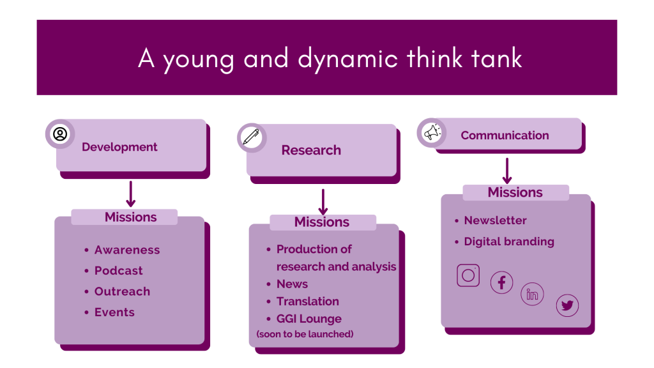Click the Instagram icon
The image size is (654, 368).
468,275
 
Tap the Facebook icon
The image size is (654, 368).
501,282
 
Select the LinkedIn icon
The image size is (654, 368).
532,294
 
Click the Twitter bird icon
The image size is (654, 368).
567,305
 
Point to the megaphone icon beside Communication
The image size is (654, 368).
432,133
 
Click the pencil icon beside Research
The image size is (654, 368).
251,137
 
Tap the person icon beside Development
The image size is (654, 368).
60,134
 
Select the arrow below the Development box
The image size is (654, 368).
130,194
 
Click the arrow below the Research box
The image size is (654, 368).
323,202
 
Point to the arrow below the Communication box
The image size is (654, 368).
506,171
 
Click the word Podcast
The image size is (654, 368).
118,271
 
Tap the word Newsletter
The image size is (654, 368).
496,220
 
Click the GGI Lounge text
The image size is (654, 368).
309,319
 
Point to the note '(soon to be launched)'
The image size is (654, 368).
305,334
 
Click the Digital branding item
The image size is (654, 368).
509,241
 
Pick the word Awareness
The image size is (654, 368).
127,250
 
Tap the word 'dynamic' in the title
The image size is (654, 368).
348,59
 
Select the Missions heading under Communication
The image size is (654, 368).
515,192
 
